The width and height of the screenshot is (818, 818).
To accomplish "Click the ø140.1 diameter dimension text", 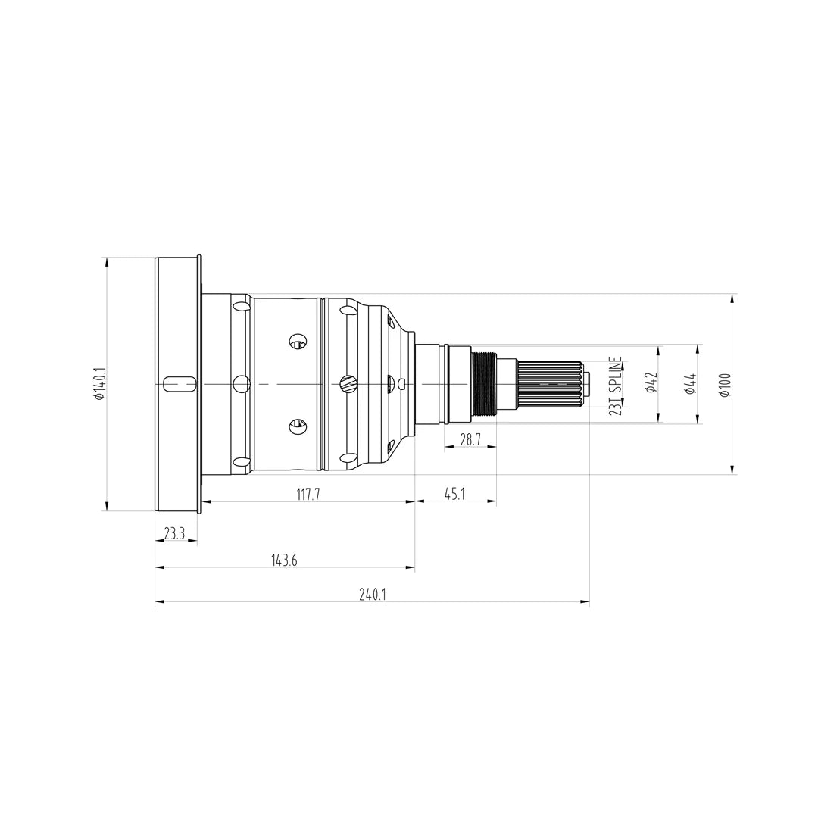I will pyautogui.click(x=99, y=384).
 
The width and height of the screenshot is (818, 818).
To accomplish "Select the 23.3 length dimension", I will pyautogui.click(x=174, y=533).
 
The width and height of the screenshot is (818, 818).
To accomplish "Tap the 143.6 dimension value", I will pyautogui.click(x=284, y=560).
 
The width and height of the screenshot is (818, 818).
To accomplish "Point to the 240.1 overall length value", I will pyautogui.click(x=372, y=595).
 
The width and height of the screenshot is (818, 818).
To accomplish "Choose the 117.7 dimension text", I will pyautogui.click(x=308, y=495).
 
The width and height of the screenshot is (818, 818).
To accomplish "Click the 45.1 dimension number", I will pyautogui.click(x=454, y=495).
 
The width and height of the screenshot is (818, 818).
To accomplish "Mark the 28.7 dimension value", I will pyautogui.click(x=470, y=439).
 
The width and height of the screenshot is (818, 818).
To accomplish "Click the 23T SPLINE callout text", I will pyautogui.click(x=615, y=386).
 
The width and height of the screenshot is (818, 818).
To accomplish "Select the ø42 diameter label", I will pyautogui.click(x=650, y=384).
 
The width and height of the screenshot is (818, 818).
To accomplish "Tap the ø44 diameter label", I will pyautogui.click(x=690, y=384).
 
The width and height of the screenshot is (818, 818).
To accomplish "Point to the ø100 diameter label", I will pyautogui.click(x=725, y=385).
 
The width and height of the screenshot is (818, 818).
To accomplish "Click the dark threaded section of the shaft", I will pyautogui.click(x=483, y=384).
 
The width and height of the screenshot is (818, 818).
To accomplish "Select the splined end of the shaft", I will pyautogui.click(x=548, y=384).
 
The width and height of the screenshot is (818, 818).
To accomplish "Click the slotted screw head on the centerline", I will pyautogui.click(x=348, y=384).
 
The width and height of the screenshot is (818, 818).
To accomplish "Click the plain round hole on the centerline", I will pyautogui.click(x=242, y=384).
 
